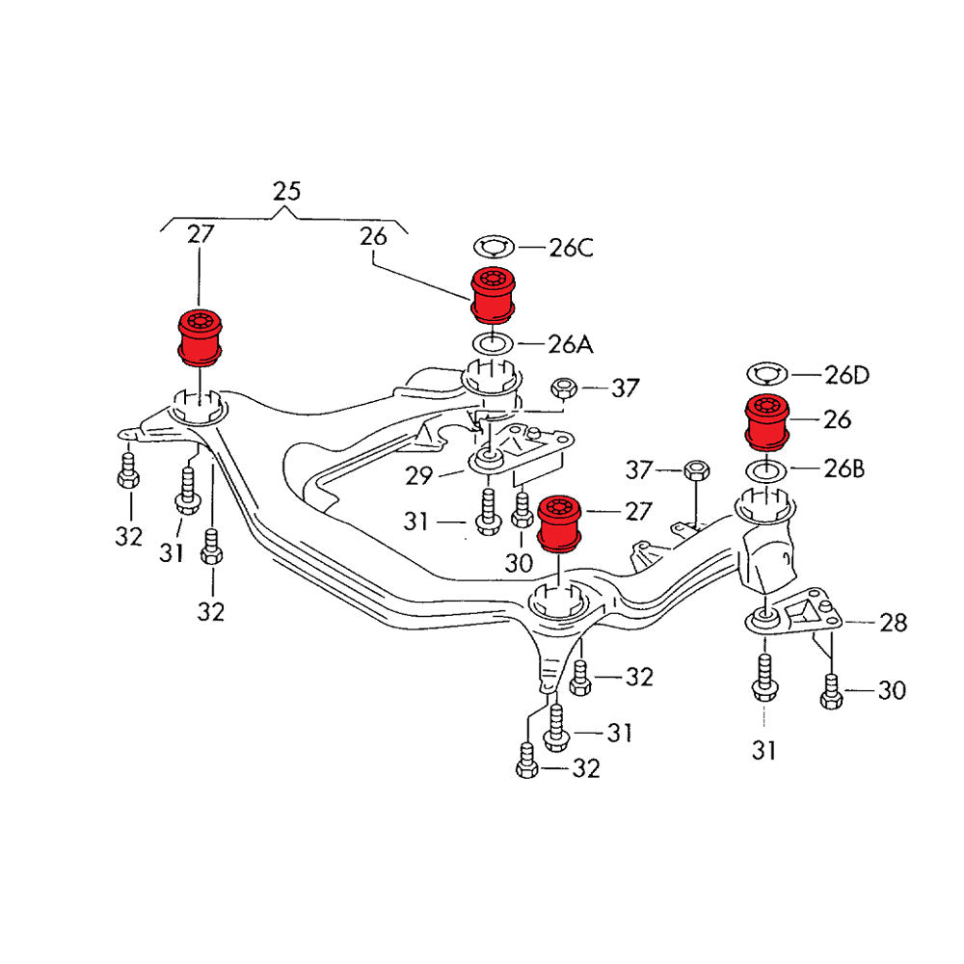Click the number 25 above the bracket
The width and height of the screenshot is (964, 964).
tap(286, 191)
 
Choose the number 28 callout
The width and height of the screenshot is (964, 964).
tap(893, 623)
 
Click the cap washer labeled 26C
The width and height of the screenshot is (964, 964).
tap(495, 248)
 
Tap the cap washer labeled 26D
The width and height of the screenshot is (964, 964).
tap(768, 374)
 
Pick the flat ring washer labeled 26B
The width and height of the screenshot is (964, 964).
tap(768, 471)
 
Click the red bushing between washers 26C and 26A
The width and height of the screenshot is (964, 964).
tap(495, 295)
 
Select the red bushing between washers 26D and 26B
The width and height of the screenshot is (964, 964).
tap(769, 422)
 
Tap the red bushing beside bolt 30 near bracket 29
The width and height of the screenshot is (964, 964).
tap(559, 522)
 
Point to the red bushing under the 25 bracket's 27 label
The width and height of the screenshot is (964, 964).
tap(201, 336)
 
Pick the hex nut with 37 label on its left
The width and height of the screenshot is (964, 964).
tap(696, 470)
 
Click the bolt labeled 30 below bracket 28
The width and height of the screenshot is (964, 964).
tap(833, 691)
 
